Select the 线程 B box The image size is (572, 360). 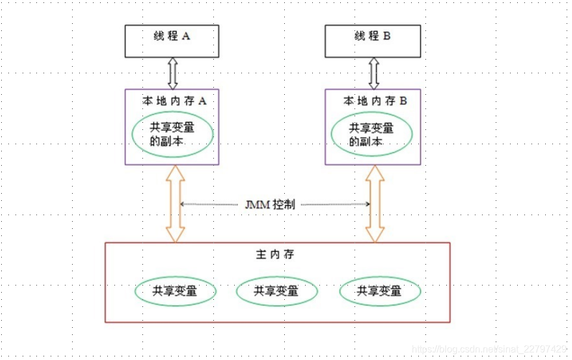tap(373, 41)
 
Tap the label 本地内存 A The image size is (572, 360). tap(174, 101)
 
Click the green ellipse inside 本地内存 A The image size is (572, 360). tap(173, 135)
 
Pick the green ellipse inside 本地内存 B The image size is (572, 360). tap(372, 135)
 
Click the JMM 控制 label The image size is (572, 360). tap(269, 204)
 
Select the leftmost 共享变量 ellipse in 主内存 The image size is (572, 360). tap(175, 291)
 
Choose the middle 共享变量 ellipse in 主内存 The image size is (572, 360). tap(276, 291)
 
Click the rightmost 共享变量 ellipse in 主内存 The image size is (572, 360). tap(380, 291)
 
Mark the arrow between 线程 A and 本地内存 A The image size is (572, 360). tap(173, 73)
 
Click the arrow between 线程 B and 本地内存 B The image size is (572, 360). tap(374, 73)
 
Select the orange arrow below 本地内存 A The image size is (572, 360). tap(176, 204)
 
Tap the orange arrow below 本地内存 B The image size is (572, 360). tap(375, 204)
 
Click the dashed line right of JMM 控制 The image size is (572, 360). tap(334, 204)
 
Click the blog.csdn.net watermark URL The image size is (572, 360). tap(489, 349)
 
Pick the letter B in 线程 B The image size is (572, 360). tap(387, 36)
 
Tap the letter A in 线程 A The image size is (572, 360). tap(186, 36)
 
